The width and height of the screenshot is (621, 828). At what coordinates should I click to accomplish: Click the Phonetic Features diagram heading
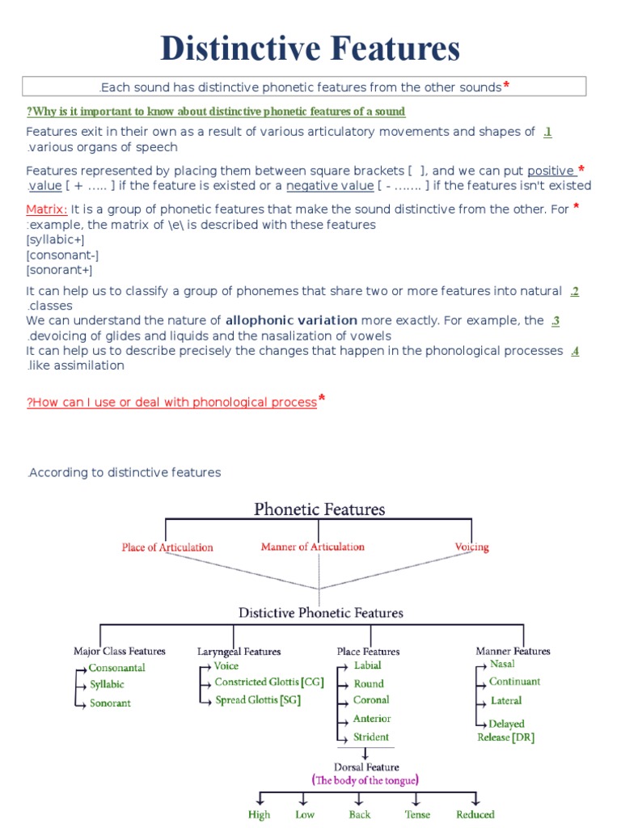(x=319, y=509)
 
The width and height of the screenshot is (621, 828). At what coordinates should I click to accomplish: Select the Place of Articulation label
(x=167, y=547)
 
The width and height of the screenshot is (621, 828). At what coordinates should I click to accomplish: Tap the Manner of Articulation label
(x=312, y=547)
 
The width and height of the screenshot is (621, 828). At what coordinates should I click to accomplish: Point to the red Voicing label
(x=471, y=547)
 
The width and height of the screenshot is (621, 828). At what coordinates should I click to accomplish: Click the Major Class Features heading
(x=120, y=651)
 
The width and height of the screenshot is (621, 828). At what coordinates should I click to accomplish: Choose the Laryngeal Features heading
(x=239, y=651)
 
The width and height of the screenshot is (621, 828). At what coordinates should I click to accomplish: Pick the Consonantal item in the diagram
(x=117, y=668)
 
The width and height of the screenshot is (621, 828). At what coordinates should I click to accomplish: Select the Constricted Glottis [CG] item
(x=268, y=682)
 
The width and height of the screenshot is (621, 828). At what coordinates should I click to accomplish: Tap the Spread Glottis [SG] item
(x=257, y=700)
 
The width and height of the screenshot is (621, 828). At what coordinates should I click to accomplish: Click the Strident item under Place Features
(x=371, y=737)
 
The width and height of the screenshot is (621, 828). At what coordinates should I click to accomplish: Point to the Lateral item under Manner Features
(x=506, y=701)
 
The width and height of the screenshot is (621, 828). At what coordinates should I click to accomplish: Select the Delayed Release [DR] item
(x=506, y=730)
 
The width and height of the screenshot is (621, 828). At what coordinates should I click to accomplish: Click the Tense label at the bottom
(x=417, y=814)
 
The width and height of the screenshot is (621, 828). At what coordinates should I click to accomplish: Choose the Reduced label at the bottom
(x=475, y=814)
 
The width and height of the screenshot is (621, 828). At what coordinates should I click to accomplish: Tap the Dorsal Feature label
(x=365, y=766)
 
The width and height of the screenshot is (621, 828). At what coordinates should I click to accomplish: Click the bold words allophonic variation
(x=291, y=320)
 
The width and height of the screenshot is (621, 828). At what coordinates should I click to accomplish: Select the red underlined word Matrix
(x=47, y=209)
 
